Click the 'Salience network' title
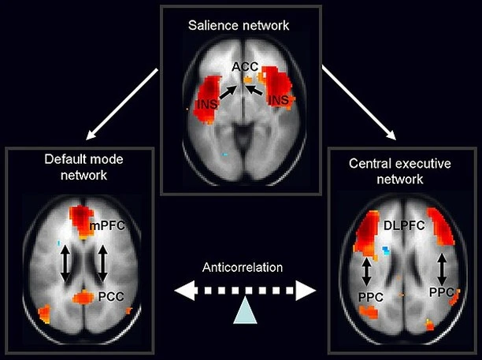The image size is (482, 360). [x=239, y=25]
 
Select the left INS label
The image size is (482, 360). [x=204, y=104]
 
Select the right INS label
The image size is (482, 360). [x=279, y=100]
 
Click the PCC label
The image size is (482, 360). [x=110, y=297]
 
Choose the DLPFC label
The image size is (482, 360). [x=402, y=225]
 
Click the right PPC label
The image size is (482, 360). [x=441, y=291]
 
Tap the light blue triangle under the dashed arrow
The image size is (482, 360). [x=244, y=314]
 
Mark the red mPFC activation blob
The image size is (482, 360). [x=81, y=217]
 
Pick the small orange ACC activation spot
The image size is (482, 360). [x=249, y=79]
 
